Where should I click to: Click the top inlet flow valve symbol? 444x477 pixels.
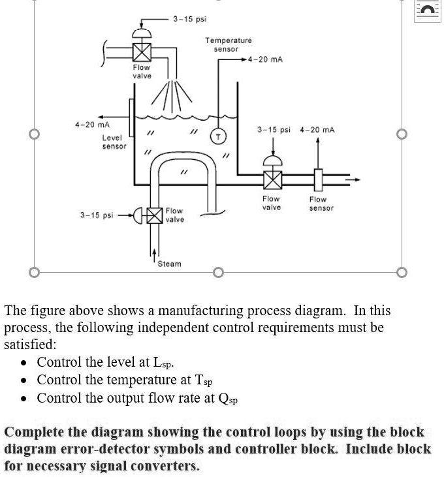coord(142,51)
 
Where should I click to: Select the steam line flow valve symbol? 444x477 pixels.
coord(154,215)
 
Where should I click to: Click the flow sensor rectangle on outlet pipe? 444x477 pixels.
coord(318,177)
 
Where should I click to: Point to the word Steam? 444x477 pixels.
coord(170,264)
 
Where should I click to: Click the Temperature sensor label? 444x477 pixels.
coord(229,44)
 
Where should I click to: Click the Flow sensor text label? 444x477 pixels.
coord(321,204)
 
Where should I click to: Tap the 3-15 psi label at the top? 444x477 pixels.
coord(190,18)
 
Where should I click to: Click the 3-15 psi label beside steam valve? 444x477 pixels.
coord(97,215)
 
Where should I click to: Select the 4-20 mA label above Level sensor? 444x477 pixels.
coord(92,124)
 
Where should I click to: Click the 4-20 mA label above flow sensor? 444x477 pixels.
coord(317,130)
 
